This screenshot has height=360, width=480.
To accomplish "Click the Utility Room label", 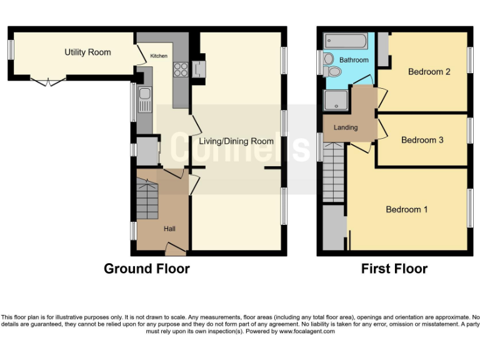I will (x=87, y=52).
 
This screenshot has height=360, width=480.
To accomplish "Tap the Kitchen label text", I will (x=159, y=56).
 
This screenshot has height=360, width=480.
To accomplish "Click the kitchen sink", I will (x=144, y=100).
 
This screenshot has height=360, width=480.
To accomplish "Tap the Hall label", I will (x=169, y=229).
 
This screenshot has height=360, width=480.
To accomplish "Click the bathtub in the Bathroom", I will (x=344, y=42).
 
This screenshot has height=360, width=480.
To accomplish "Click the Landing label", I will (x=346, y=127).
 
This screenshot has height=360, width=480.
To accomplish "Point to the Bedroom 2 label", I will (x=429, y=71).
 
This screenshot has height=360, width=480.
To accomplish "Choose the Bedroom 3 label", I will (x=422, y=140).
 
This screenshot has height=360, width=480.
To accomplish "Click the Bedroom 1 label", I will (x=407, y=209).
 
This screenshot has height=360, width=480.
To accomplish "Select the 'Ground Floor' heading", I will (x=146, y=269).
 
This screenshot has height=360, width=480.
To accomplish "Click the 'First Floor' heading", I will (x=394, y=269).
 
